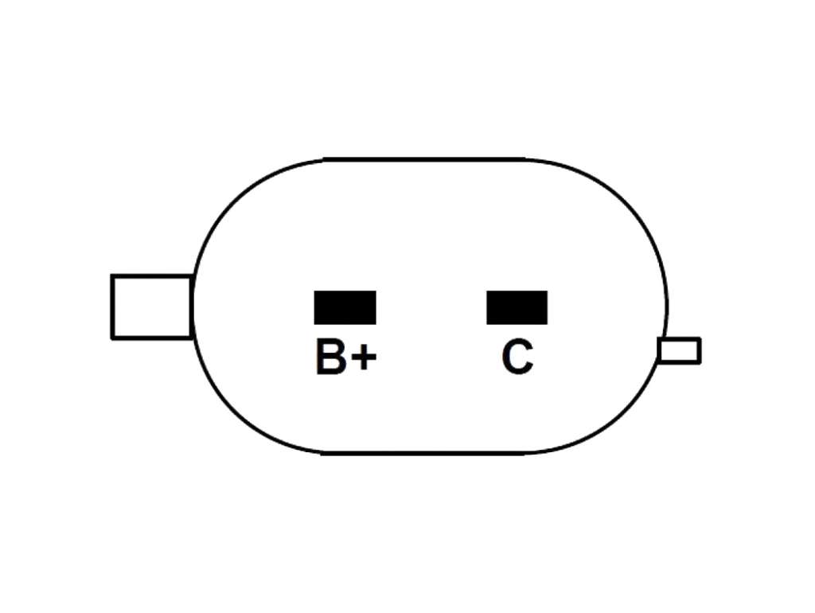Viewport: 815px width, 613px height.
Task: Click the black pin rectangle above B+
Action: point(345,307)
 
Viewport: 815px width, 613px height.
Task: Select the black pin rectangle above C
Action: point(517,307)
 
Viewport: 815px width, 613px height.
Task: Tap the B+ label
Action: point(345,357)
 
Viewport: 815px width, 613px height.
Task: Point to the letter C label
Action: point(517,357)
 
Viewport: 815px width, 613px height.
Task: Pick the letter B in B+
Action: point(330,357)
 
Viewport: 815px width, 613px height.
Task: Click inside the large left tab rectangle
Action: point(152,306)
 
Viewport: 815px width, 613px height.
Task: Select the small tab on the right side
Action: point(680,350)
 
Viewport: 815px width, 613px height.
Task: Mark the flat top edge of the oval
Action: point(423,158)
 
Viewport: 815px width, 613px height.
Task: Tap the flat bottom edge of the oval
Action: point(423,454)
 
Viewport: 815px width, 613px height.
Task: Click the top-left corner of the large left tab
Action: point(112,275)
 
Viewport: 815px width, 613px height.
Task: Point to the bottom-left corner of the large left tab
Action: point(112,338)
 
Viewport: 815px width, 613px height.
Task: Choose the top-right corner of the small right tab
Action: point(700,338)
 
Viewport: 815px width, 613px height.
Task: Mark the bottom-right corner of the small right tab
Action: point(700,362)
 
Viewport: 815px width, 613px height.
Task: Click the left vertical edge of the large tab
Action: point(112,306)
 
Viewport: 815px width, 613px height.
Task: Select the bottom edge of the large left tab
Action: point(152,338)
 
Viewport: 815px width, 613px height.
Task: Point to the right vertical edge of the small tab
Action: point(700,350)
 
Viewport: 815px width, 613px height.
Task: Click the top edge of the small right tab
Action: point(680,339)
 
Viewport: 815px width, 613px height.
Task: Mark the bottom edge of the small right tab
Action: point(680,362)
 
